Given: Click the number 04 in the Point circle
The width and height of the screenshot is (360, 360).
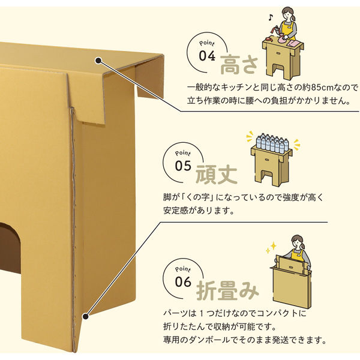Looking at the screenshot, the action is click(207, 56).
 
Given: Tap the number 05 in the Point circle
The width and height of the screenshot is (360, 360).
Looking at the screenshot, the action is click(183, 166).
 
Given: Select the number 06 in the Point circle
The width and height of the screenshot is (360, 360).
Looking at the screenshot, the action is click(183, 282).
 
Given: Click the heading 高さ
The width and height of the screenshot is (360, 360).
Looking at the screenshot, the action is click(239, 65).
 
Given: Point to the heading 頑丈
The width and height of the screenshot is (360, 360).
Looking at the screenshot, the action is click(216, 175).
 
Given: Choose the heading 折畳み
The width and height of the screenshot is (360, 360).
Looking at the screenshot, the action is click(227, 291).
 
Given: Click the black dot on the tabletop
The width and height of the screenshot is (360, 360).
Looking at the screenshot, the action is click(98, 61).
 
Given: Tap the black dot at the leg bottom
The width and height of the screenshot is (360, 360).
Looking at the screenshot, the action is click(86, 317).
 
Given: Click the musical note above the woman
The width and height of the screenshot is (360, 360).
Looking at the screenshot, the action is click(271, 17).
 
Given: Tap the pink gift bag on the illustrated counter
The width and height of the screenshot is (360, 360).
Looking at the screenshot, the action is click(282, 38).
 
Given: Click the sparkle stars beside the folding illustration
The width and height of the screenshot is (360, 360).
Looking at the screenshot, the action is click(271, 247).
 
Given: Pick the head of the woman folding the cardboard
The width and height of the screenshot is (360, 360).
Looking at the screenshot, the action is click(298, 242).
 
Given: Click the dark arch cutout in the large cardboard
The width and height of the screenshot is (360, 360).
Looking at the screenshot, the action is click(10, 247).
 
